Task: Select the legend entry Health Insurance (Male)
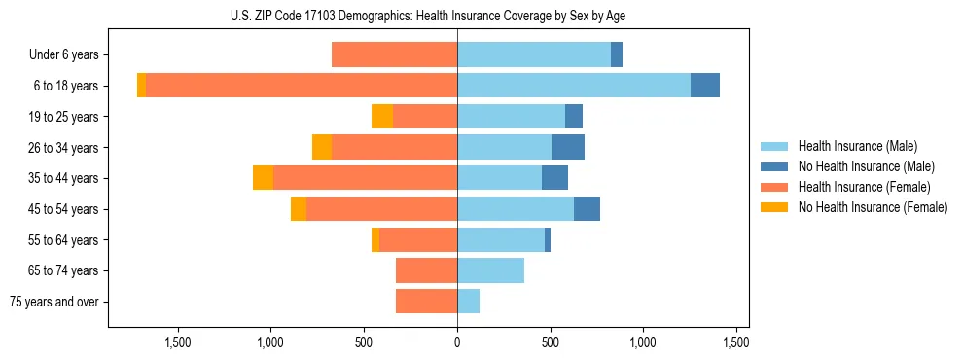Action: coord(857,146)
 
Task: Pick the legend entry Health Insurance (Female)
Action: coord(864,187)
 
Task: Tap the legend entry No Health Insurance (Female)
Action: coord(873,207)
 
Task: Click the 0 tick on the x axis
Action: coord(457,342)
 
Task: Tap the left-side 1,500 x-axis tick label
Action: coord(178,342)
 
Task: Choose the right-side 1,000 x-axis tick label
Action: coord(644,342)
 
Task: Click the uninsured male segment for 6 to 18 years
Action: coord(705,86)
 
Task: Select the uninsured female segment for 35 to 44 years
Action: coord(263,178)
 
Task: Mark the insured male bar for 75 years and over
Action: coord(468,302)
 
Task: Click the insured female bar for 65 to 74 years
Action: coord(426,270)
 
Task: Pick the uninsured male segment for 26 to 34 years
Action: coord(568,147)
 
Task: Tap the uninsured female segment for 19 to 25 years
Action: coord(382,117)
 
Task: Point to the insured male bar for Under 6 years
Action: coord(534,55)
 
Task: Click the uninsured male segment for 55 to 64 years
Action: coord(548,239)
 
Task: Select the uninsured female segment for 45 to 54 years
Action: coord(299,209)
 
